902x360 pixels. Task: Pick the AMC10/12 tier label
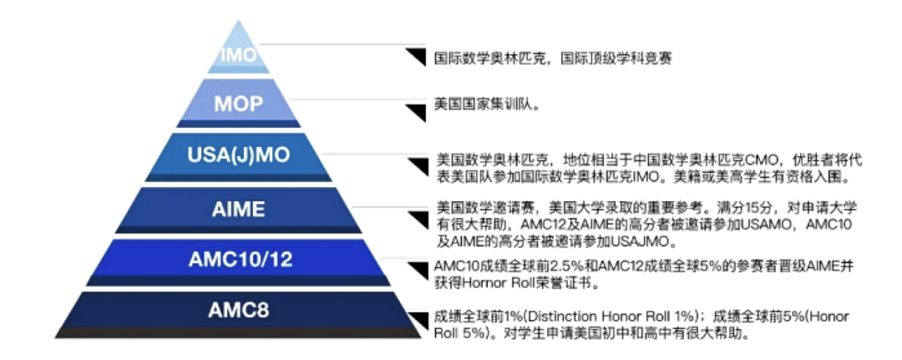240,260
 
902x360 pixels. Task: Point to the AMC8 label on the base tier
239,312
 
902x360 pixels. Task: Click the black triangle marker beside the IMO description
416,57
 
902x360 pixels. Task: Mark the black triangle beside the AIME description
416,218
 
